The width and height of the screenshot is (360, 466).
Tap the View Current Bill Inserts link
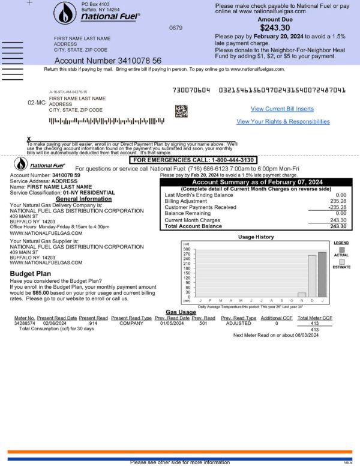click(282, 109)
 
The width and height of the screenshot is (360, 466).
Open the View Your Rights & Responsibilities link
click(283, 121)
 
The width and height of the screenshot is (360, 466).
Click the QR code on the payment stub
click(181, 111)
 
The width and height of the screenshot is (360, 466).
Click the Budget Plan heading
click(31, 273)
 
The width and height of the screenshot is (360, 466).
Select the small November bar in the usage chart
click(302, 295)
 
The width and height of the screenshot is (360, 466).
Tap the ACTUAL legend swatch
click(341, 248)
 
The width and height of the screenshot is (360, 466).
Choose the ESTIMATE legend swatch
click(341, 261)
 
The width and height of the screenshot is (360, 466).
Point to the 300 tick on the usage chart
click(187, 249)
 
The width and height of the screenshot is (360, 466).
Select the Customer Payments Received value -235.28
click(337, 207)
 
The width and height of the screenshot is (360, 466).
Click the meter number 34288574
click(25, 323)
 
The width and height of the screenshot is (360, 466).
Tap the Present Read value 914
click(93, 323)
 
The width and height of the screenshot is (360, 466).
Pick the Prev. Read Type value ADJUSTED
click(239, 323)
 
